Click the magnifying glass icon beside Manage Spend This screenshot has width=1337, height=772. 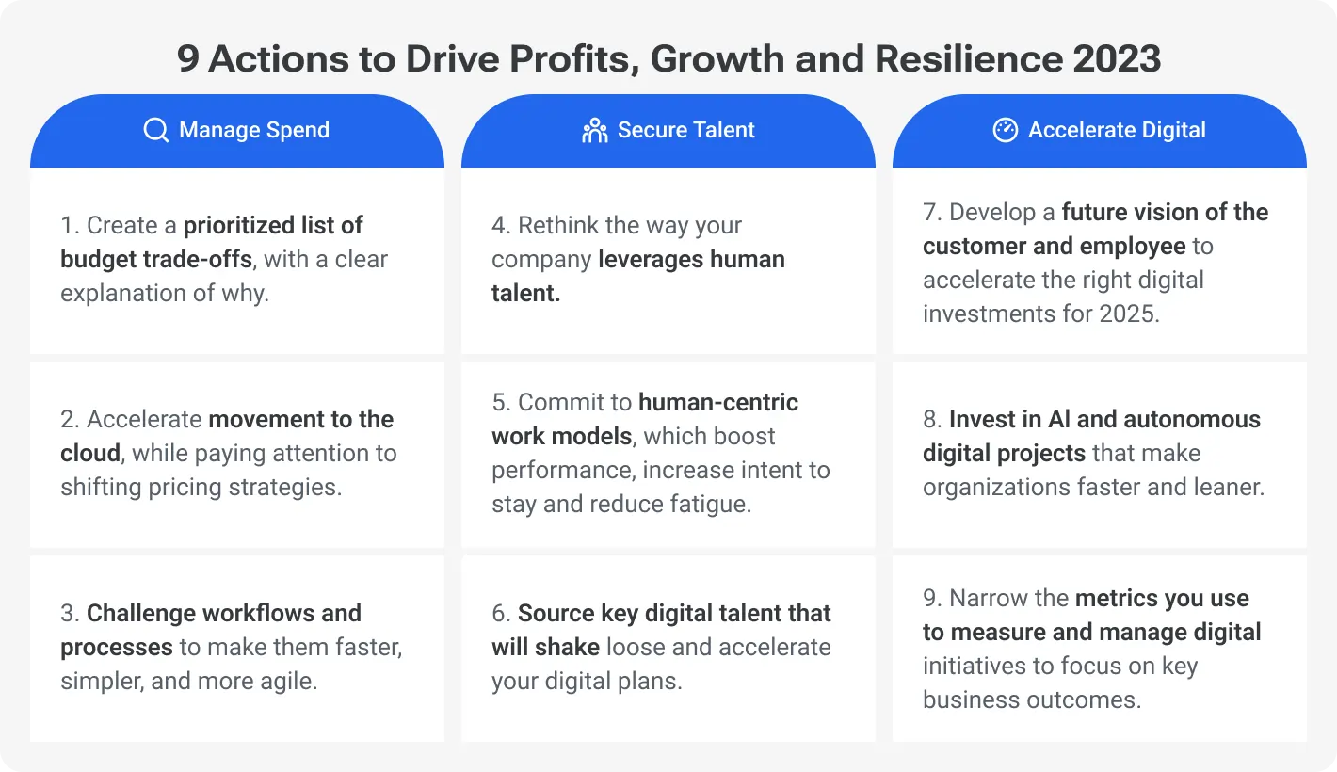[155, 130]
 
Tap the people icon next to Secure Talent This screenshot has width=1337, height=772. [594, 130]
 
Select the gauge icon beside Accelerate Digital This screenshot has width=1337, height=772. [1005, 130]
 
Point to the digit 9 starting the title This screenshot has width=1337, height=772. [187, 59]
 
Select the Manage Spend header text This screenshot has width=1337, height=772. [254, 130]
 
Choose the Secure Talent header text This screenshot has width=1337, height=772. [686, 130]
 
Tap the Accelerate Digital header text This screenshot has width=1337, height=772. [1117, 130]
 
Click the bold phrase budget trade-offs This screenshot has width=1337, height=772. [155, 259]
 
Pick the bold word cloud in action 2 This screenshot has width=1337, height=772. [90, 453]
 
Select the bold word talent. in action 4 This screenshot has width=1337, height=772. [525, 293]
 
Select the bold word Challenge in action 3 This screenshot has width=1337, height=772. [144, 613]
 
